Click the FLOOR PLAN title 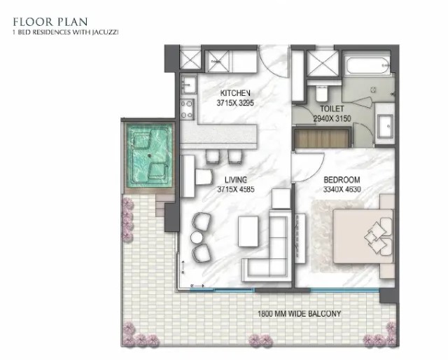tap(50, 22)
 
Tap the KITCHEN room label tap(235, 93)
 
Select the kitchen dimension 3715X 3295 tap(235, 103)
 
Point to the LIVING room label tap(236, 180)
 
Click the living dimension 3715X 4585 tap(236, 189)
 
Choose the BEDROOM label tap(342, 180)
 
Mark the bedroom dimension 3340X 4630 tap(342, 189)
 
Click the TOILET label tap(332, 109)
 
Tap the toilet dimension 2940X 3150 tap(332, 118)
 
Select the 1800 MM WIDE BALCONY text tap(300, 314)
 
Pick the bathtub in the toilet tap(367, 65)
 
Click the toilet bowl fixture tap(322, 93)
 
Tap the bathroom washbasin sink tap(385, 126)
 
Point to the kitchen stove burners tap(187, 109)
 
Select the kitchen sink tap(188, 85)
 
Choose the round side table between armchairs tap(197, 237)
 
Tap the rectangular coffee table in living tap(248, 231)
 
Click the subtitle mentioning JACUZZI tap(65, 32)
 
